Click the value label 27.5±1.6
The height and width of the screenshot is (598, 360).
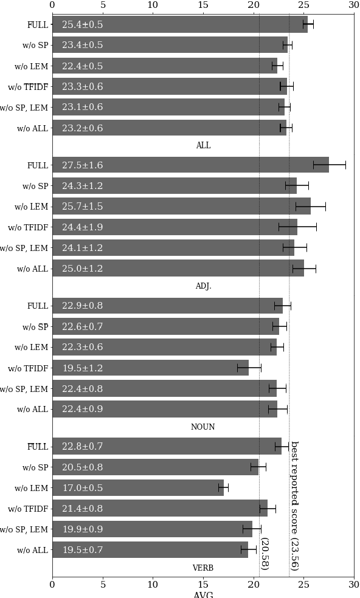[82, 165]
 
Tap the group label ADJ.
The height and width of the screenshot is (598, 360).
[203, 286]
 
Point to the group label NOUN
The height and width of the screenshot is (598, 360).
[203, 427]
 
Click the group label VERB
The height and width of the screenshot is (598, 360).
[203, 568]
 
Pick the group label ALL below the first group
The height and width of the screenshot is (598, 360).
[203, 146]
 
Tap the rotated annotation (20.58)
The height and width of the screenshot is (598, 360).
[264, 554]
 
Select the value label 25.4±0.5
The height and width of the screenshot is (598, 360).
[82, 25]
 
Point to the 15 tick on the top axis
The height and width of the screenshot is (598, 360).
[203, 5]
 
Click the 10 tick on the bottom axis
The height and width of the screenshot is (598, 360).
[153, 585]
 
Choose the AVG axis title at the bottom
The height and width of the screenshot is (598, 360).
[203, 594]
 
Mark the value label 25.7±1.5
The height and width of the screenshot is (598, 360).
[82, 207]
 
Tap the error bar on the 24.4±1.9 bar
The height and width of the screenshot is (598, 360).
[297, 227]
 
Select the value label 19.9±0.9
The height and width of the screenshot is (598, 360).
[82, 529]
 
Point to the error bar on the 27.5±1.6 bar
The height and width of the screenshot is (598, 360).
[330, 165]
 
